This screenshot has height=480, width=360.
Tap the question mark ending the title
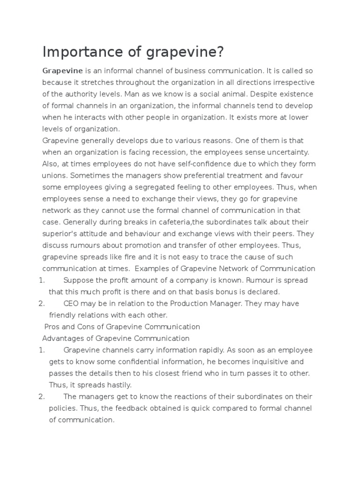point(219,52)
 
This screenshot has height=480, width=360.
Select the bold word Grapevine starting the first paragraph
point(62,71)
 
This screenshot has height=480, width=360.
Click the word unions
point(54,176)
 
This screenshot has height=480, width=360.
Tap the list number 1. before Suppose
point(41,280)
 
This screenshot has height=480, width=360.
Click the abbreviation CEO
point(71,303)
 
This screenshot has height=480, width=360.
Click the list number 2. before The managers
point(41,397)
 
